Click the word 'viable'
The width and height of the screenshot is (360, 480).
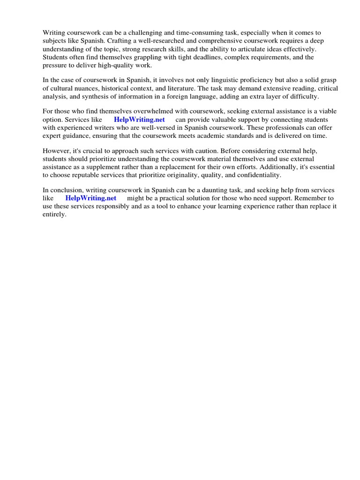[x=327, y=112]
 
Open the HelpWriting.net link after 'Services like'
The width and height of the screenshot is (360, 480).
[x=139, y=120]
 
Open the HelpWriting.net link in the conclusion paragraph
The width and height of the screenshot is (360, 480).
[x=90, y=198]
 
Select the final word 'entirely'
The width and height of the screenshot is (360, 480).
[x=55, y=214]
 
